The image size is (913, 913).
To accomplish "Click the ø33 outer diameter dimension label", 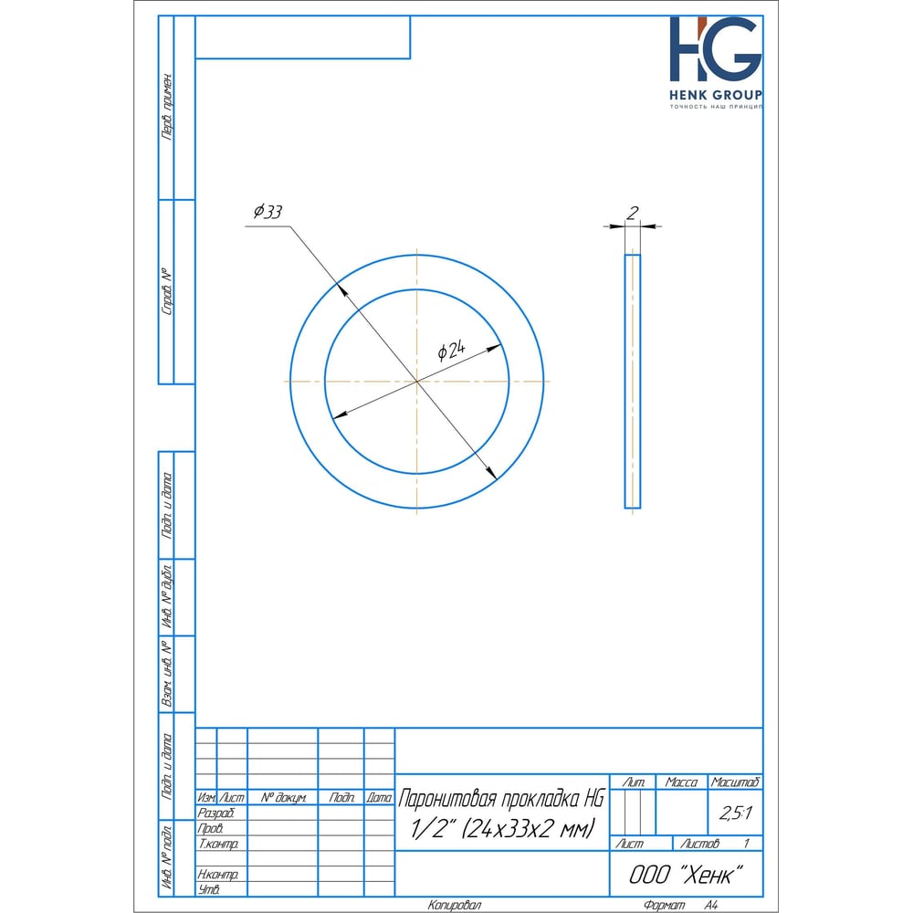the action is click(268, 212).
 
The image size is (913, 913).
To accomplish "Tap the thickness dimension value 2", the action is click(633, 213).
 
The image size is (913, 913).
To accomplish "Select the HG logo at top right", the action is click(716, 49).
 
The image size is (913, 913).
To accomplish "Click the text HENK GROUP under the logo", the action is click(716, 95).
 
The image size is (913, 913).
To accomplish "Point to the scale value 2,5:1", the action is click(735, 813).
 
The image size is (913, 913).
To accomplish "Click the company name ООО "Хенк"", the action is click(686, 875).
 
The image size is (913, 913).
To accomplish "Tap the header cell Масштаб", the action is click(735, 782).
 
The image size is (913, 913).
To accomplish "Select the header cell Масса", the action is click(681, 782).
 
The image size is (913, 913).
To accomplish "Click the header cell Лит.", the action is click(633, 782).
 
